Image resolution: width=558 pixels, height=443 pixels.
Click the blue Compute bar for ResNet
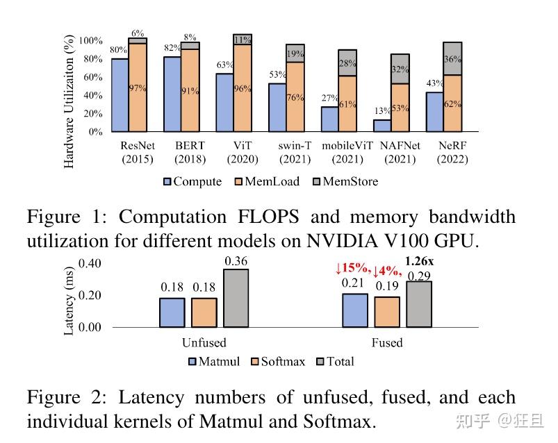120,95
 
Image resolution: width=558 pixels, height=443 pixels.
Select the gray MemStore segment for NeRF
453,58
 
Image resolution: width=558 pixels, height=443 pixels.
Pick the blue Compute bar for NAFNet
381,125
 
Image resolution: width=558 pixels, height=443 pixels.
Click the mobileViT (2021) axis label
347,153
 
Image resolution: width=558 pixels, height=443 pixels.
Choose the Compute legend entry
192,182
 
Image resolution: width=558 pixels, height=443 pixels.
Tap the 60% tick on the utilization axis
90,77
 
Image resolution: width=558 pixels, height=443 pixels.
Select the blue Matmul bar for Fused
355,310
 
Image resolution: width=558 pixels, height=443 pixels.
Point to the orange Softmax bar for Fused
386,311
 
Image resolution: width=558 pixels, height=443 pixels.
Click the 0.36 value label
236,261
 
